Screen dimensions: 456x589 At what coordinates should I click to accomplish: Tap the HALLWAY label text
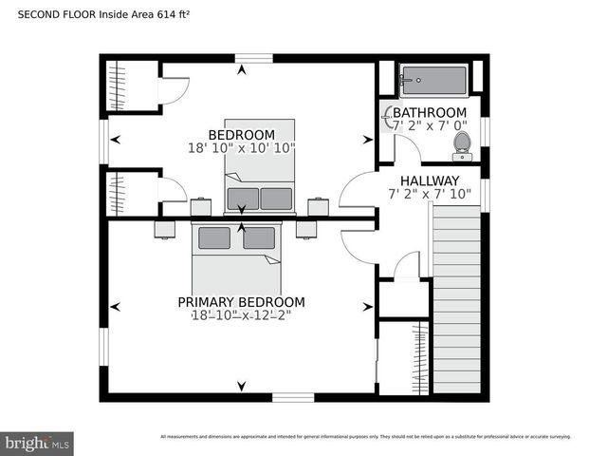pyautogui.click(x=429, y=180)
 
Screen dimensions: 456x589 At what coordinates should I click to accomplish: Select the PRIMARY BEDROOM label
pyautogui.click(x=241, y=302)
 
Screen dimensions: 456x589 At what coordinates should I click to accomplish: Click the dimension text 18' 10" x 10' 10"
pyautogui.click(x=241, y=148)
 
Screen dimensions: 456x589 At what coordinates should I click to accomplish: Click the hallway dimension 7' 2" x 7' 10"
pyautogui.click(x=429, y=194)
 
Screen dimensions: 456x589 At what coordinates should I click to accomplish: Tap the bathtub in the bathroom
pyautogui.click(x=433, y=81)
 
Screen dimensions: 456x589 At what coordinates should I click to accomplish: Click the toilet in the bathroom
pyautogui.click(x=462, y=143)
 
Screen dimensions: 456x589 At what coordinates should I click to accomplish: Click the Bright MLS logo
pyautogui.click(x=38, y=443)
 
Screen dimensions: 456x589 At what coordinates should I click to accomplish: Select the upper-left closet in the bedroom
pyautogui.click(x=127, y=86)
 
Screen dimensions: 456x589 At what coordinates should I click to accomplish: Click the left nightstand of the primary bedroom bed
pyautogui.click(x=165, y=229)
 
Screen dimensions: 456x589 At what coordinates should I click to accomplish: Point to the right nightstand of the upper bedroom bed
pyautogui.click(x=319, y=206)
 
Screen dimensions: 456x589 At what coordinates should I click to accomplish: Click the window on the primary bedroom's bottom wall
pyautogui.click(x=292, y=397)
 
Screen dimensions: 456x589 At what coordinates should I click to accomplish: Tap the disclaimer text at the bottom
pyautogui.click(x=365, y=437)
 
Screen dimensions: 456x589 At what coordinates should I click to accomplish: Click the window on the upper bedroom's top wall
pyautogui.click(x=248, y=58)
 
